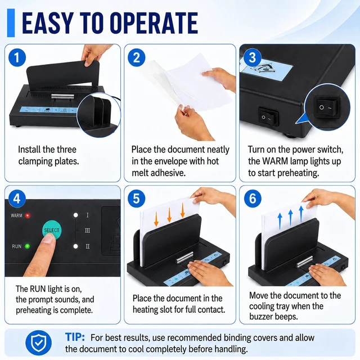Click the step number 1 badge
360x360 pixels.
pyautogui.click(x=17, y=57)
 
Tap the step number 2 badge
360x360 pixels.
pyautogui.click(x=136, y=57)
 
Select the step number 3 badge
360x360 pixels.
pyautogui.click(x=253, y=57)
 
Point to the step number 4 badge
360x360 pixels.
pyautogui.click(x=17, y=199)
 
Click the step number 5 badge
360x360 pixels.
pyautogui.click(x=136, y=199)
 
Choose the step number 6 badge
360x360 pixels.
pyautogui.click(x=253, y=199)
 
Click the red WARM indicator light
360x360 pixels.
pyautogui.click(x=28, y=215)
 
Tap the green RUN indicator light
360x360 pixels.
pyautogui.click(x=28, y=246)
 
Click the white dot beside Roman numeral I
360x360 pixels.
pyautogui.click(x=75, y=215)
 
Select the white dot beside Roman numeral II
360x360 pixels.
pyautogui.click(x=75, y=246)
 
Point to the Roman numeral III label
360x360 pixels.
pyautogui.click(x=88, y=231)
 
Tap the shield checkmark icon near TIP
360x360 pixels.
pyautogui.click(x=38, y=343)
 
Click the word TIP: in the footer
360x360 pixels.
pyautogui.click(x=75, y=337)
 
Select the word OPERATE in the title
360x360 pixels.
pyautogui.click(x=154, y=23)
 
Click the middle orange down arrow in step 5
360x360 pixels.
pyautogui.click(x=169, y=215)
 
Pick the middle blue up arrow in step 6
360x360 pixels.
pyautogui.click(x=290, y=218)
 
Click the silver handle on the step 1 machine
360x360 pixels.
pyautogui.click(x=62, y=96)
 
